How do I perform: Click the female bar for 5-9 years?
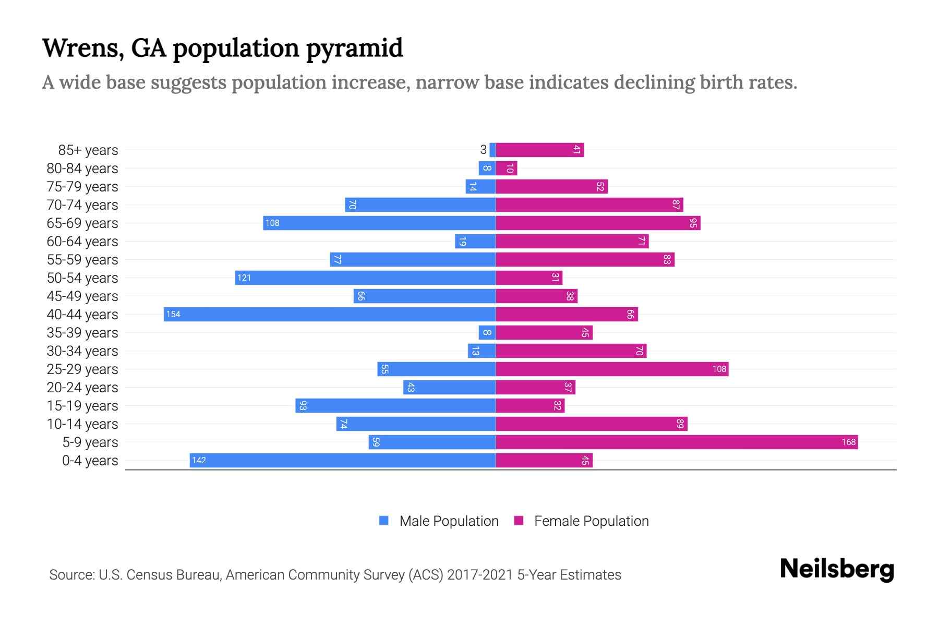tap(677, 442)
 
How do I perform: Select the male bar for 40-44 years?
tap(330, 315)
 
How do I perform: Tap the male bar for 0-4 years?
tap(343, 461)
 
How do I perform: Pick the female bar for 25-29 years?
tap(612, 369)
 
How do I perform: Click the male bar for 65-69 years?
tap(379, 223)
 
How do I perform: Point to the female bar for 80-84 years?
tap(507, 168)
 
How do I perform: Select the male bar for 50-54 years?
tap(365, 278)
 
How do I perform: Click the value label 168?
tap(848, 442)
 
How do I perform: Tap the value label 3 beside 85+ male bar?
tap(483, 150)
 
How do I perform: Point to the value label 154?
tap(173, 315)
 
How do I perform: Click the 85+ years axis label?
tap(88, 150)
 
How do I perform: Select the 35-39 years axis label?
tap(82, 333)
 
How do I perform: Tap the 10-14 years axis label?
tap(82, 424)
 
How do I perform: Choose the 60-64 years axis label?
tap(82, 242)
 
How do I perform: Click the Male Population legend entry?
tap(449, 521)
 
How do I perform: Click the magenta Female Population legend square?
tap(519, 521)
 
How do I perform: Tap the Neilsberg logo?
tap(837, 569)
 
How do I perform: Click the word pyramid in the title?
tap(354, 49)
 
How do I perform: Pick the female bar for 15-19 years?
tap(530, 406)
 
